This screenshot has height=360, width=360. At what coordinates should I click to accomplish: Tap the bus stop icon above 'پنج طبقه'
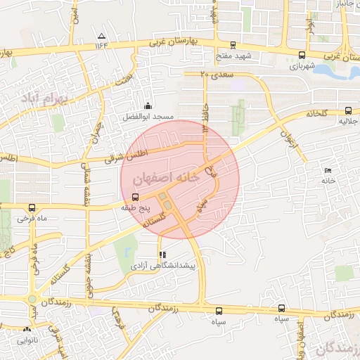click(135, 197)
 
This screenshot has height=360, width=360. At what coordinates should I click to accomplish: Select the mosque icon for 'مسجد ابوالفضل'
click(147, 105)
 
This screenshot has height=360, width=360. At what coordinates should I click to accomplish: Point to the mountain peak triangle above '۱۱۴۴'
click(103, 36)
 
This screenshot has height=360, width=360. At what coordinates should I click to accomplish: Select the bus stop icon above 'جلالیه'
click(348, 110)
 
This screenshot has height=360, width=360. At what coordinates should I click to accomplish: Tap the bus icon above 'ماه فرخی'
click(32, 208)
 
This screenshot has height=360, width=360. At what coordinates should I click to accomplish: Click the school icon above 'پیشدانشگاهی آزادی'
click(163, 255)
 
